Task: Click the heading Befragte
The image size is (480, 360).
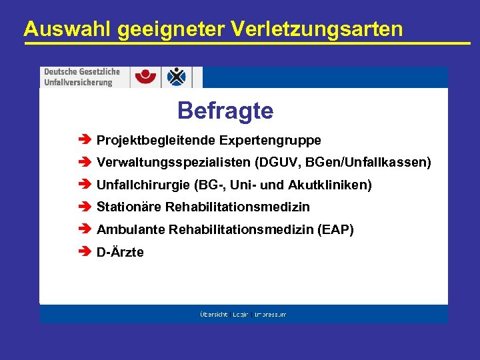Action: click(225, 111)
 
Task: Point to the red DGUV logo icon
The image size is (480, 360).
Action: click(146, 77)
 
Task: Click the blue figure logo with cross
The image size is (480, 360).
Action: click(177, 77)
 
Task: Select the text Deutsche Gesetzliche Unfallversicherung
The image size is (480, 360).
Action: click(82, 77)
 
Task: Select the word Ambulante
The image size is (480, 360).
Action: click(131, 230)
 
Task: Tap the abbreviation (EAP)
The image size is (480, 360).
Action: click(337, 230)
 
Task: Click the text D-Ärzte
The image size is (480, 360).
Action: click(120, 253)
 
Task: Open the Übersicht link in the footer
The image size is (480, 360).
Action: click(214, 314)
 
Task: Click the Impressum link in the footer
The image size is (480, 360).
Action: click(270, 314)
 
